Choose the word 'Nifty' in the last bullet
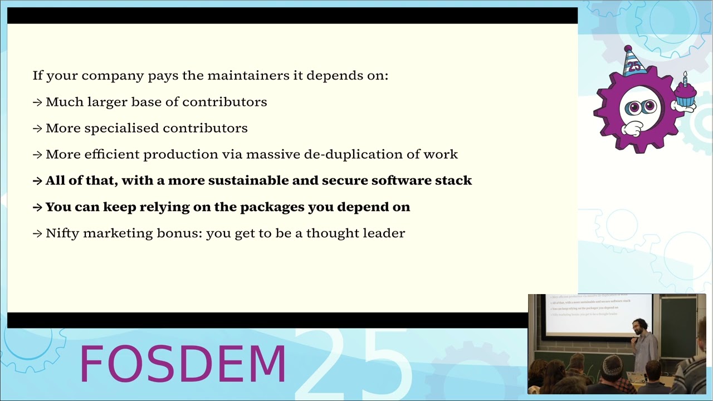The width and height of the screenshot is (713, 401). coord(62,233)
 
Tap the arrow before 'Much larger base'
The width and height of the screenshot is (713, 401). coord(37,102)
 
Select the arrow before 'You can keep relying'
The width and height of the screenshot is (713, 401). coord(37,207)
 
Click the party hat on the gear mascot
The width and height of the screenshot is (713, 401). coord(633,61)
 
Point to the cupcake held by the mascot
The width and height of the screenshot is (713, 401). coord(685,94)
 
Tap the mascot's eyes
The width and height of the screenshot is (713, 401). coord(640,107)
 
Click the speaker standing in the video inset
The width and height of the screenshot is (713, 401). coord(643,345)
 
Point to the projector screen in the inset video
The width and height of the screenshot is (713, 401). coord(599,315)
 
